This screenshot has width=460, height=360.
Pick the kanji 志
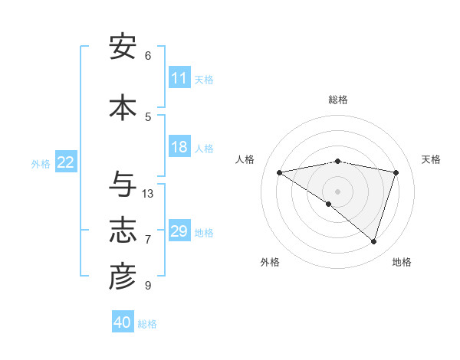(x=123, y=231)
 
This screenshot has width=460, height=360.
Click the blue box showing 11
(x=179, y=78)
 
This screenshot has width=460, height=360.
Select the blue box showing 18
(x=179, y=147)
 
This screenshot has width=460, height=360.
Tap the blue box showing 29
(x=179, y=231)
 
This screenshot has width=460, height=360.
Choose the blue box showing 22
(x=66, y=162)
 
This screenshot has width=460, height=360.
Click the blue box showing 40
(x=123, y=322)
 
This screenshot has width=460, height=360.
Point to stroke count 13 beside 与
(x=148, y=193)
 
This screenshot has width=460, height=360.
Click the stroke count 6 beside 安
(x=148, y=55)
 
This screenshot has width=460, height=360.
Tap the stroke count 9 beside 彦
(x=148, y=285)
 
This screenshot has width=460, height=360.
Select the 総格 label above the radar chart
(x=337, y=100)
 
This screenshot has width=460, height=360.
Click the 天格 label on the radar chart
(x=431, y=159)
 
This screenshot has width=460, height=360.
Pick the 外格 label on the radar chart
(x=270, y=262)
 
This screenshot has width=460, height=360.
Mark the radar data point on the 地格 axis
(x=373, y=241)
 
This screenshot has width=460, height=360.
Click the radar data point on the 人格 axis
(x=279, y=172)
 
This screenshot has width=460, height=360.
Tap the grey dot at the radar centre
(x=337, y=191)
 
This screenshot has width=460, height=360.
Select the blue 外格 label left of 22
(x=41, y=163)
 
